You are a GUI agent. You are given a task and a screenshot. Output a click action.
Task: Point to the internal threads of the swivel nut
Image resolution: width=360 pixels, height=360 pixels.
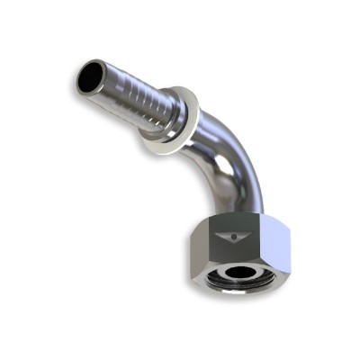click(x=223, y=272)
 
